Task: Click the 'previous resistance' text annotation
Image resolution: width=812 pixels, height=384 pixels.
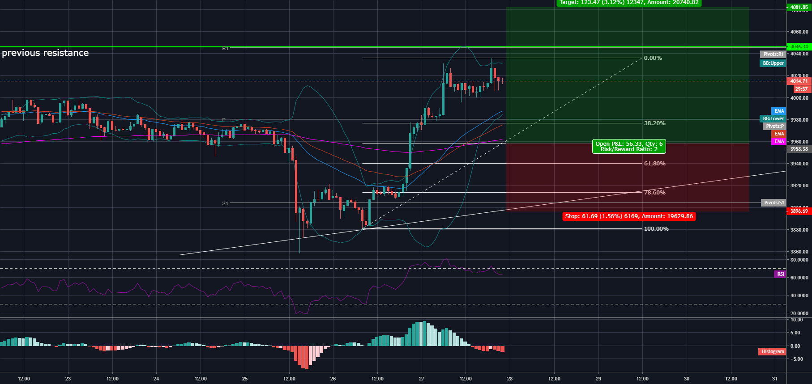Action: tap(45, 53)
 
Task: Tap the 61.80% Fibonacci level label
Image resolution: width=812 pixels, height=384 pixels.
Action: tap(654, 164)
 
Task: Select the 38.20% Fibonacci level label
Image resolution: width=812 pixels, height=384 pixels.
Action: tap(654, 123)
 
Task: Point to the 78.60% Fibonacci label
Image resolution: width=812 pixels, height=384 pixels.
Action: tap(654, 193)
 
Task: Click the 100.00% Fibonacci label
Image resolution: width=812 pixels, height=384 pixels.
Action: tap(656, 229)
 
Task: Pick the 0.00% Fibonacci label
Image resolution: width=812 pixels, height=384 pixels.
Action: tap(653, 58)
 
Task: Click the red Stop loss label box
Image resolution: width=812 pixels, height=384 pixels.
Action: tap(628, 216)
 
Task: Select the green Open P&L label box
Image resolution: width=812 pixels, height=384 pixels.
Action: tap(628, 147)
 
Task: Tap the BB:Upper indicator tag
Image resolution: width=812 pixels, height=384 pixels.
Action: tap(773, 63)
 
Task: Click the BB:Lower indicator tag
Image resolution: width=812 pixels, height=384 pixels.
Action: tap(773, 119)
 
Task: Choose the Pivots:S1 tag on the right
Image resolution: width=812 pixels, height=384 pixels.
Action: tap(774, 203)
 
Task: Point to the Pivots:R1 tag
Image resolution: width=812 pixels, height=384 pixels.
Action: tap(773, 55)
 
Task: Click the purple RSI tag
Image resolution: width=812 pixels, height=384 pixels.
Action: tap(780, 274)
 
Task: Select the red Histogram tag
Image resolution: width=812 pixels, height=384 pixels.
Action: tap(773, 352)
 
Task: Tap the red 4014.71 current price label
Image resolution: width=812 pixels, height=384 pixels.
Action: tap(799, 81)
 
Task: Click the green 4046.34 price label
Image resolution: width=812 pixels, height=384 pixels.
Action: tap(799, 46)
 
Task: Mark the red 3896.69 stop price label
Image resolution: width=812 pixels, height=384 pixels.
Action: tap(799, 211)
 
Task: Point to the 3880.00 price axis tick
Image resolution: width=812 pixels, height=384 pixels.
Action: tap(799, 230)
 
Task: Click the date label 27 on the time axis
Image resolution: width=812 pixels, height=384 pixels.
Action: tap(422, 379)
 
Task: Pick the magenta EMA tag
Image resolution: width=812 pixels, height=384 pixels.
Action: tap(779, 142)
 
